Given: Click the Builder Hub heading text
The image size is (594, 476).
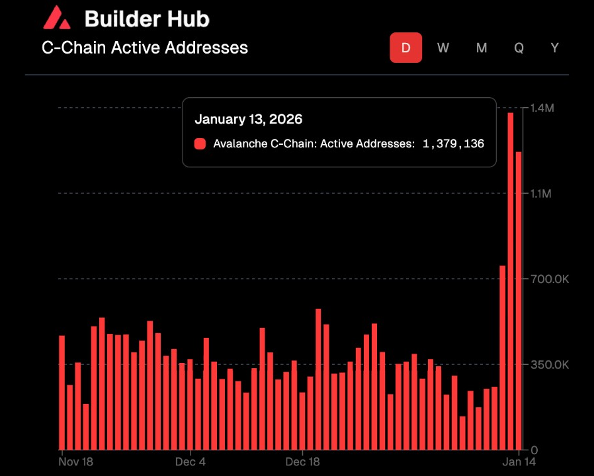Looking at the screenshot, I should click(x=147, y=19).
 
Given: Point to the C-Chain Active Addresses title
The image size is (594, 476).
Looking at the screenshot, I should click(x=145, y=48).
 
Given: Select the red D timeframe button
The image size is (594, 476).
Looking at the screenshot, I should click(x=405, y=48).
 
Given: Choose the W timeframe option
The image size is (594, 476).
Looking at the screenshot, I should click(x=443, y=48).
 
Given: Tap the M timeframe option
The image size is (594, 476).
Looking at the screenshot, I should click(x=482, y=48).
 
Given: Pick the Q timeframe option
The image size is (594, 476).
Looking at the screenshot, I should click(x=519, y=48).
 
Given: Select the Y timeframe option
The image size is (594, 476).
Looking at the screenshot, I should click(x=555, y=48).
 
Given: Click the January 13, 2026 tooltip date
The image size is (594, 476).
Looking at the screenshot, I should click(x=248, y=120).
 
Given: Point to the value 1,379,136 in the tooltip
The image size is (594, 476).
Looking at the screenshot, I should click(x=453, y=143).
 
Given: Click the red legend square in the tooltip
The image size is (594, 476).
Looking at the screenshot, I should click(x=200, y=143).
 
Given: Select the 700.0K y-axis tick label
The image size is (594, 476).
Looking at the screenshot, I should click(x=546, y=279).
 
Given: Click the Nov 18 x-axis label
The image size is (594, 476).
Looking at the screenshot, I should click(x=76, y=461).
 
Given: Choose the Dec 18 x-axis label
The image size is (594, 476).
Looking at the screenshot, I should click(x=303, y=461).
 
